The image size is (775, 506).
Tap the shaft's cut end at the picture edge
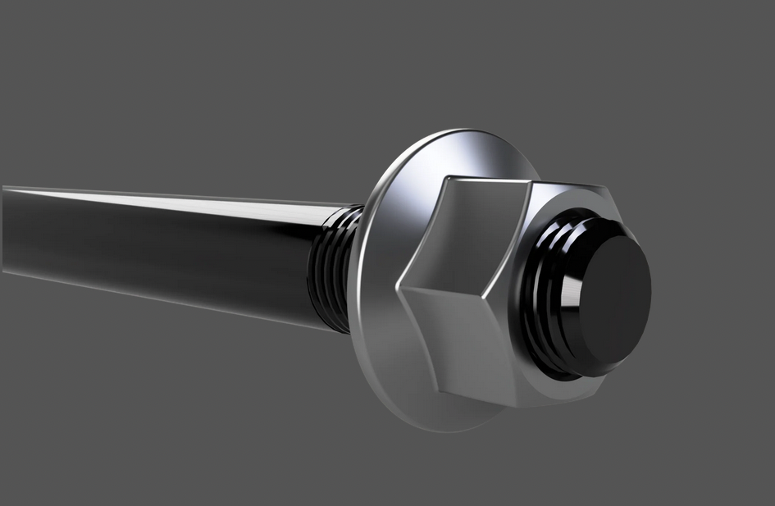[5, 230]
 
